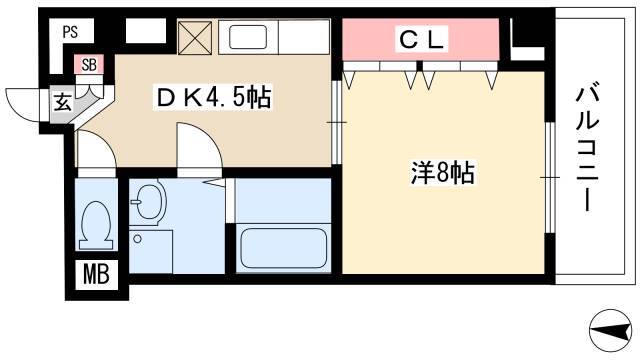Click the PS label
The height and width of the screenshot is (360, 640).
[x=70, y=32]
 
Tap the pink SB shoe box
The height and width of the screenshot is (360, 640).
[x=89, y=64]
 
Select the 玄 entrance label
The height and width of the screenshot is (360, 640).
[x=63, y=102]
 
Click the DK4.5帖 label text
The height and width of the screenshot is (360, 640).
[x=213, y=98]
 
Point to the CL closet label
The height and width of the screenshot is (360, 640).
[x=421, y=40]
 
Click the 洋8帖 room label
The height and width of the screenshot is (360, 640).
[x=442, y=173]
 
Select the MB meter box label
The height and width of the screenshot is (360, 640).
[x=97, y=274]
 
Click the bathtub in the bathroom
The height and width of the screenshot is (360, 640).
[x=284, y=247]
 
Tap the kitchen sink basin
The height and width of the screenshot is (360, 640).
[x=248, y=38]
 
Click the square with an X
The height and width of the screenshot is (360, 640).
[x=195, y=38]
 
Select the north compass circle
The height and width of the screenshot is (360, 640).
[x=610, y=331]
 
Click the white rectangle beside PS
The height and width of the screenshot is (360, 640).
[x=146, y=31]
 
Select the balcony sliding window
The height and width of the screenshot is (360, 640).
[x=550, y=178]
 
